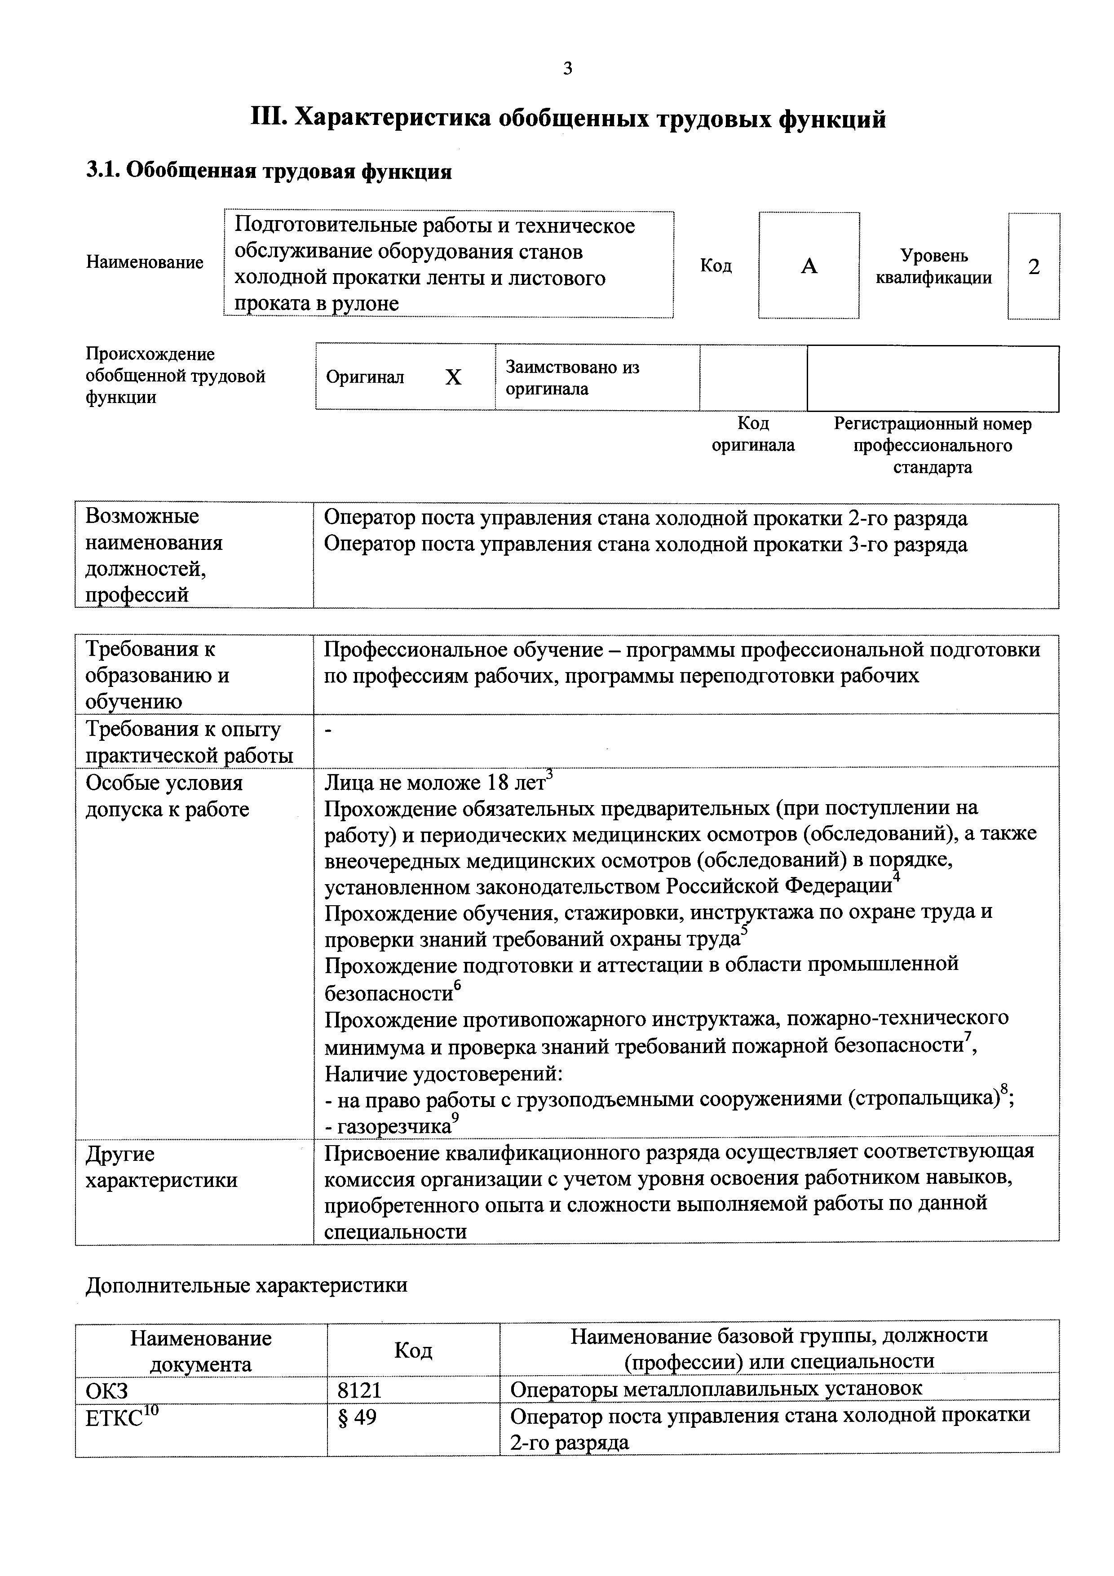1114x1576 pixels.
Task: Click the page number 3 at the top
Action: pos(567,69)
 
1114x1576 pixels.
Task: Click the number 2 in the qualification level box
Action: pos(1033,266)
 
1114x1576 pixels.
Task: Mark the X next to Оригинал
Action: pos(453,377)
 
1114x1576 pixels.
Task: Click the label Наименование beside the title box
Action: pos(145,262)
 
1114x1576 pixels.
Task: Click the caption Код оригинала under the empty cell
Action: pos(753,434)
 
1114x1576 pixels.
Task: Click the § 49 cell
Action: pos(358,1417)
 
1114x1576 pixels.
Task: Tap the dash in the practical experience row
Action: pos(328,732)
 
